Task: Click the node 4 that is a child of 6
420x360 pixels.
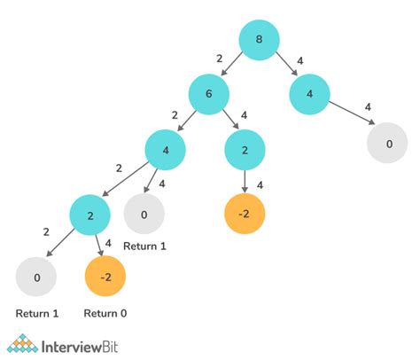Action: coord(165,152)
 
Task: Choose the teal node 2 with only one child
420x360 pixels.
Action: coord(246,151)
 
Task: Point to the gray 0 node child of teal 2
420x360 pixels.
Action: coord(35,278)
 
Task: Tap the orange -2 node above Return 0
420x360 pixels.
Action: coord(105,278)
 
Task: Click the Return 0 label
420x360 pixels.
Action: coord(105,314)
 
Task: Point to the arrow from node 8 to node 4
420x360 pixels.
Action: coord(285,65)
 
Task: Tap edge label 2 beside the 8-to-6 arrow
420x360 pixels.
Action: coord(221,57)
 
